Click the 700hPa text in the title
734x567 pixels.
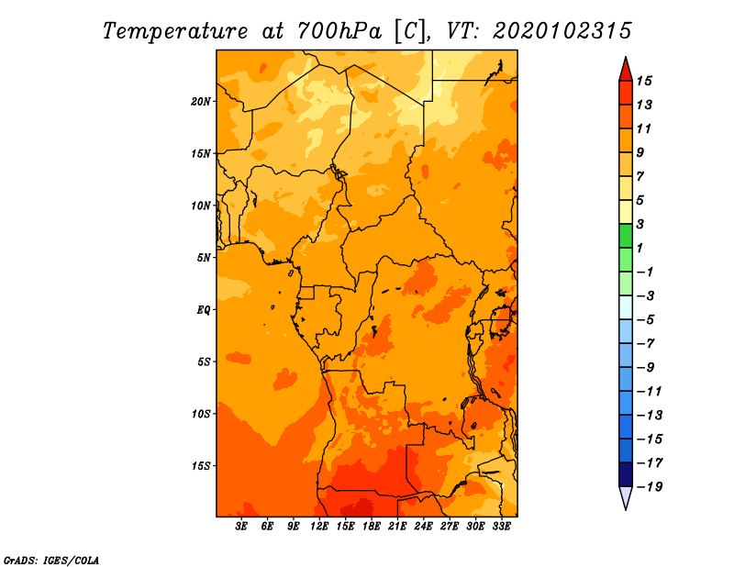pyautogui.click(x=339, y=31)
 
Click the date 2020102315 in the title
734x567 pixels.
pyautogui.click(x=562, y=31)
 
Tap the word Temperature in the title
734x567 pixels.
pyautogui.click(x=175, y=32)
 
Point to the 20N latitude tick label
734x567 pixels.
pyautogui.click(x=201, y=102)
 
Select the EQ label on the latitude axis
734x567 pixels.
pyautogui.click(x=204, y=310)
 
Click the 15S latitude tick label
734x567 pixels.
pyautogui.click(x=201, y=466)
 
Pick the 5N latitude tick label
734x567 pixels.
pyautogui.click(x=204, y=258)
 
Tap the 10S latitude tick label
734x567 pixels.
pyautogui.click(x=201, y=414)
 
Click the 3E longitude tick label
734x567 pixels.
pyautogui.click(x=241, y=527)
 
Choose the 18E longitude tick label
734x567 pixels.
pyautogui.click(x=372, y=527)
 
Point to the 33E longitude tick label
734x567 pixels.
pyautogui.click(x=501, y=527)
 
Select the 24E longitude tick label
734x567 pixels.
pyautogui.click(x=423, y=527)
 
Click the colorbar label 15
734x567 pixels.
pyautogui.click(x=644, y=81)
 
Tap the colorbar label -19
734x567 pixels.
pyautogui.click(x=650, y=487)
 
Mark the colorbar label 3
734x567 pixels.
pyautogui.click(x=640, y=224)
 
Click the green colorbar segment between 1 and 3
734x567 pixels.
pyautogui.click(x=626, y=236)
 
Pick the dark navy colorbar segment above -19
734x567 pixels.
pyautogui.click(x=626, y=474)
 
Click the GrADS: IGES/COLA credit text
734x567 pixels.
pyautogui.click(x=51, y=561)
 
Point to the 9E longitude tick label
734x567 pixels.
pyautogui.click(x=293, y=527)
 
